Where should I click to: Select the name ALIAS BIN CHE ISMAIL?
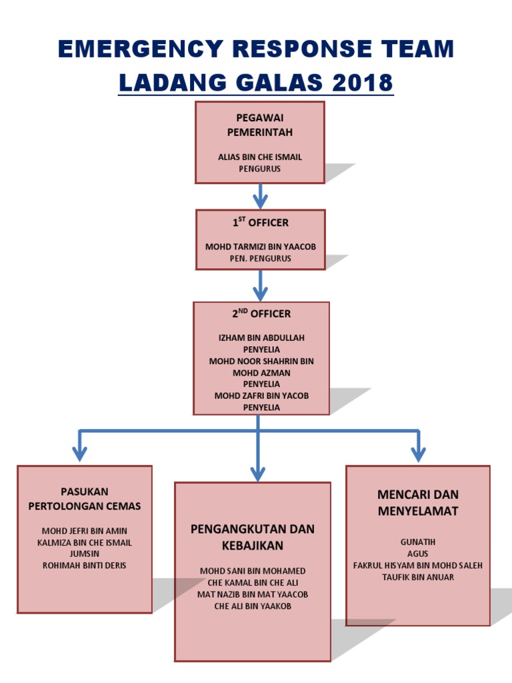[259, 157]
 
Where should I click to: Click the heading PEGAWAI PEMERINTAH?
[259, 125]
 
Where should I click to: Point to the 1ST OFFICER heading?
[260, 222]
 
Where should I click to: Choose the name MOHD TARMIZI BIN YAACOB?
[260, 247]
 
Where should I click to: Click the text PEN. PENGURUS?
[260, 258]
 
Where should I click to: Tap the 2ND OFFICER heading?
[261, 313]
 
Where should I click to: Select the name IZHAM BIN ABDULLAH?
[261, 337]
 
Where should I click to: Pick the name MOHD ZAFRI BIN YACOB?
[261, 396]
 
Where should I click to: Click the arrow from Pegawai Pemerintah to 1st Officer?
[260, 196]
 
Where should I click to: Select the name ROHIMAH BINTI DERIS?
[85, 565]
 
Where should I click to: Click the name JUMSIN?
[85, 554]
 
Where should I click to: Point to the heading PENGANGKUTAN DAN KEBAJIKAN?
[253, 537]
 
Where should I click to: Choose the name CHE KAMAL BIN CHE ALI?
[253, 582]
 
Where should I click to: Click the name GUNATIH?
[417, 542]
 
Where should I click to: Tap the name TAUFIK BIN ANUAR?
[417, 577]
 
